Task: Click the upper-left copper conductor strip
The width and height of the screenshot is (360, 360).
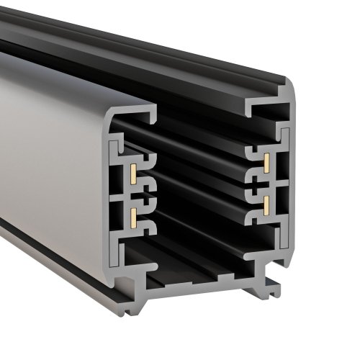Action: (x=133, y=171)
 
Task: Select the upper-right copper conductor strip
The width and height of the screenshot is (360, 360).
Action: (x=266, y=162)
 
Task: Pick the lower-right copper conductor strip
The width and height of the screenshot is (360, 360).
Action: (x=266, y=205)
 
